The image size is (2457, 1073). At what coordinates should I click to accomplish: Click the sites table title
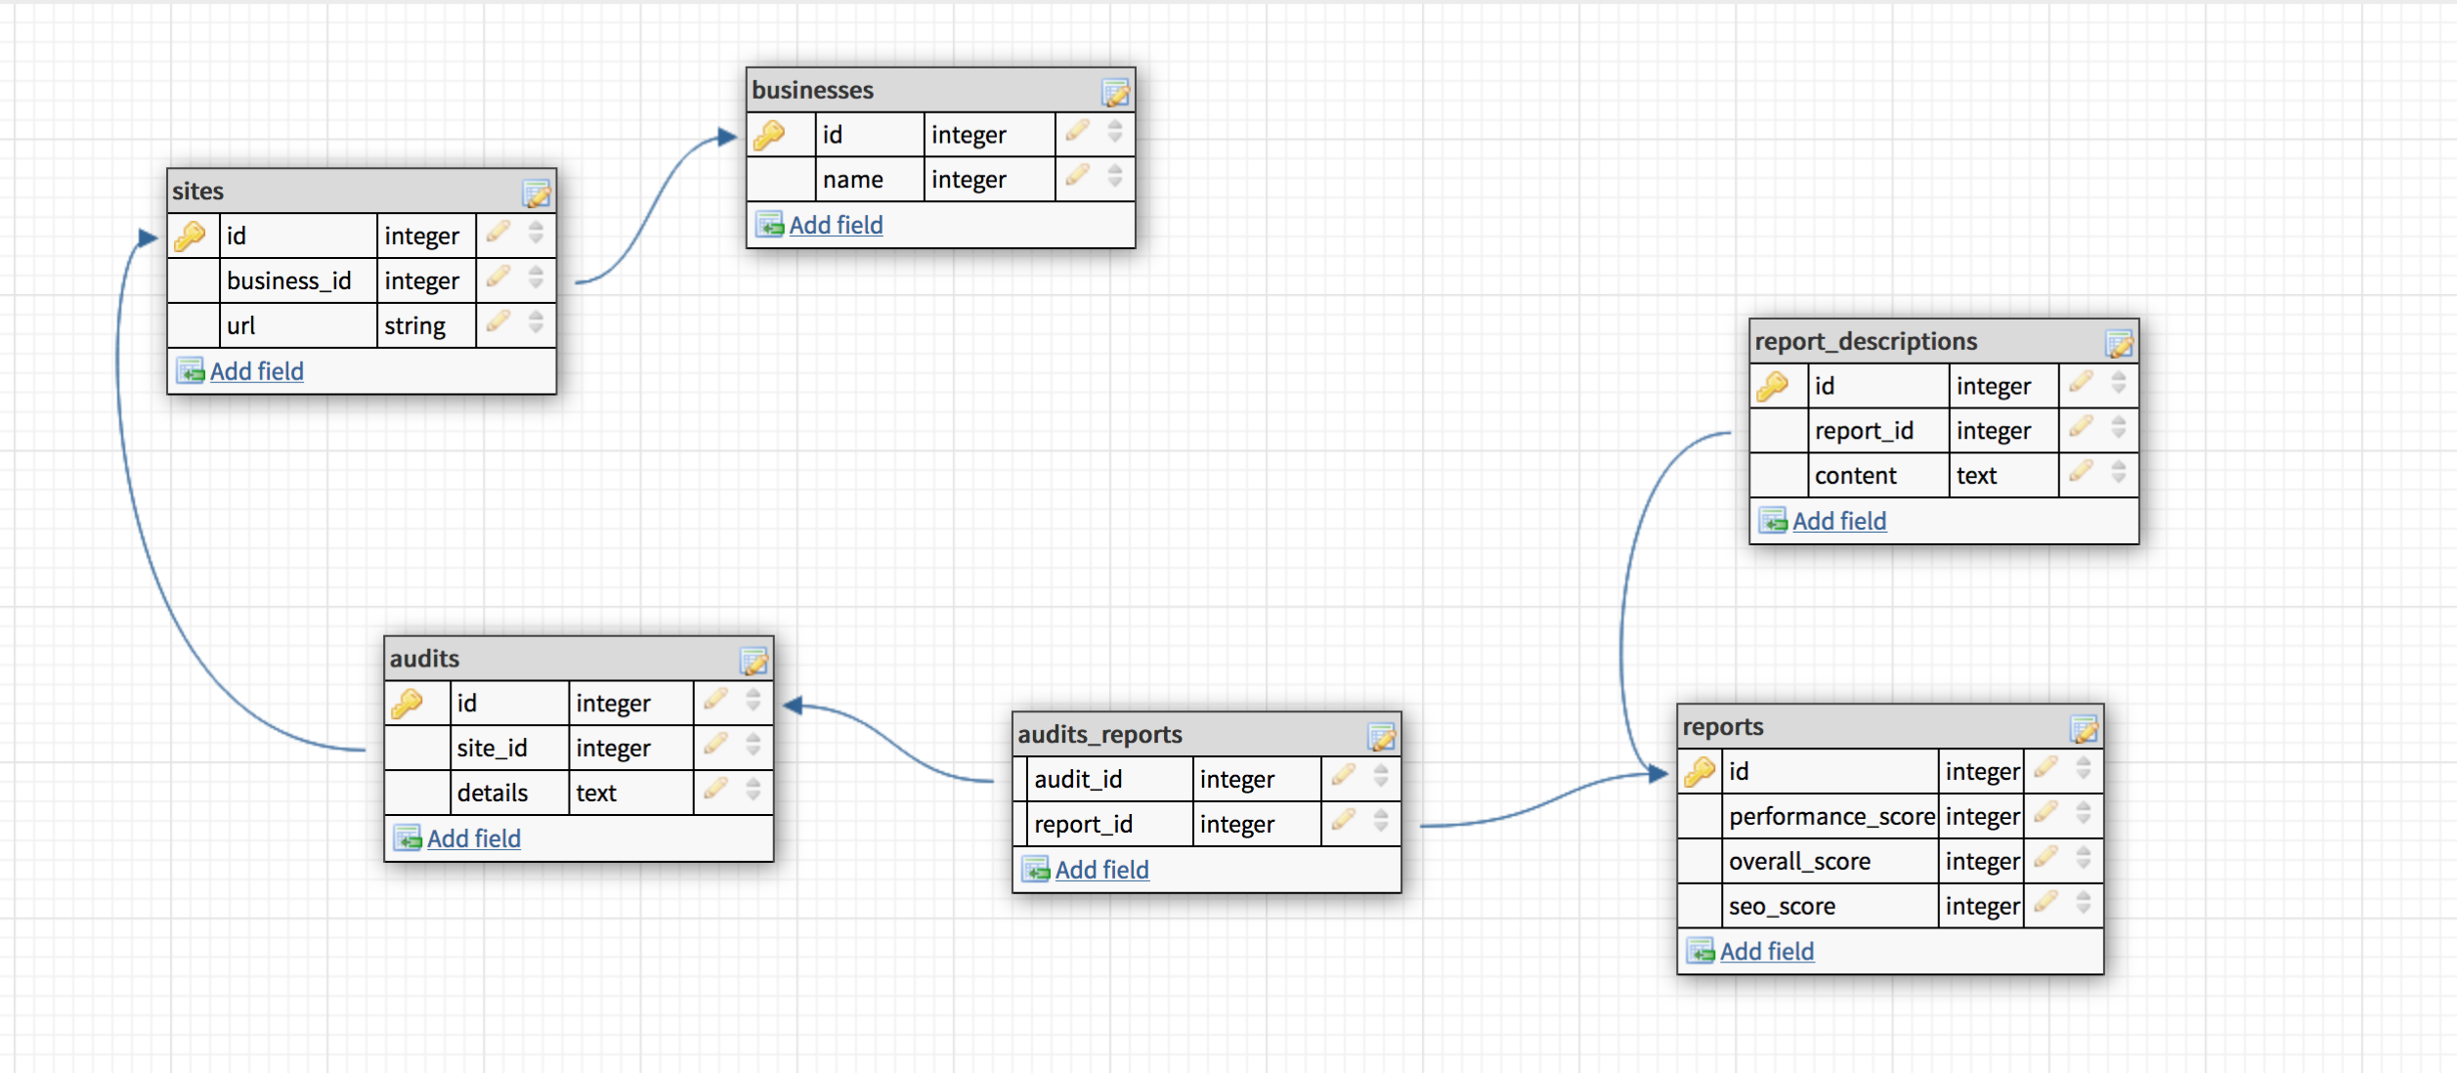click(x=198, y=192)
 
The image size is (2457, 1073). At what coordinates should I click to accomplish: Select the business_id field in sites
click(x=288, y=281)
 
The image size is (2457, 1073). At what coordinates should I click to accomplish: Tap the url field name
click(x=241, y=326)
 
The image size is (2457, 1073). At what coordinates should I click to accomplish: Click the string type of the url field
click(x=414, y=326)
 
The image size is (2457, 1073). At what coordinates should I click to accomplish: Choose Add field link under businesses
click(x=836, y=226)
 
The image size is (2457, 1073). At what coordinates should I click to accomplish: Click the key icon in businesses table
click(x=770, y=135)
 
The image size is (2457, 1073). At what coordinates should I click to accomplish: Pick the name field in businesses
click(x=852, y=180)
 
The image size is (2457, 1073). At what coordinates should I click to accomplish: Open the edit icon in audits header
click(x=754, y=662)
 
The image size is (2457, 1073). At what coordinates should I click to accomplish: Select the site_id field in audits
click(x=492, y=749)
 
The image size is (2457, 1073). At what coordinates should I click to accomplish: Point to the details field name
click(x=492, y=794)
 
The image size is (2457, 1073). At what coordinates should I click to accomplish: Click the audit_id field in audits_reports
click(x=1078, y=780)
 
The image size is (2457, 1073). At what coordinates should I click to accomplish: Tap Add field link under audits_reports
click(x=1101, y=871)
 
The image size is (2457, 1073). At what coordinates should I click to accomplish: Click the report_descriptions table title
click(x=1866, y=342)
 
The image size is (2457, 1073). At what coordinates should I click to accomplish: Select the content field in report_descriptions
click(x=1855, y=477)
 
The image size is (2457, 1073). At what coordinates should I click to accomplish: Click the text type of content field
click(x=1976, y=477)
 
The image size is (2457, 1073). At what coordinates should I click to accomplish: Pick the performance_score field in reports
click(x=1831, y=817)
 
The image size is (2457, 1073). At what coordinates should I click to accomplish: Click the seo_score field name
click(x=1782, y=907)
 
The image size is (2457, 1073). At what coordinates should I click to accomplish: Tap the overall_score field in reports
click(x=1799, y=862)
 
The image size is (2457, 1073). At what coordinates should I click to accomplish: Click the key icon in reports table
click(x=1701, y=772)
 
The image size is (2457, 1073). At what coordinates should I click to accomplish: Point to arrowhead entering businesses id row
click(x=727, y=137)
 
